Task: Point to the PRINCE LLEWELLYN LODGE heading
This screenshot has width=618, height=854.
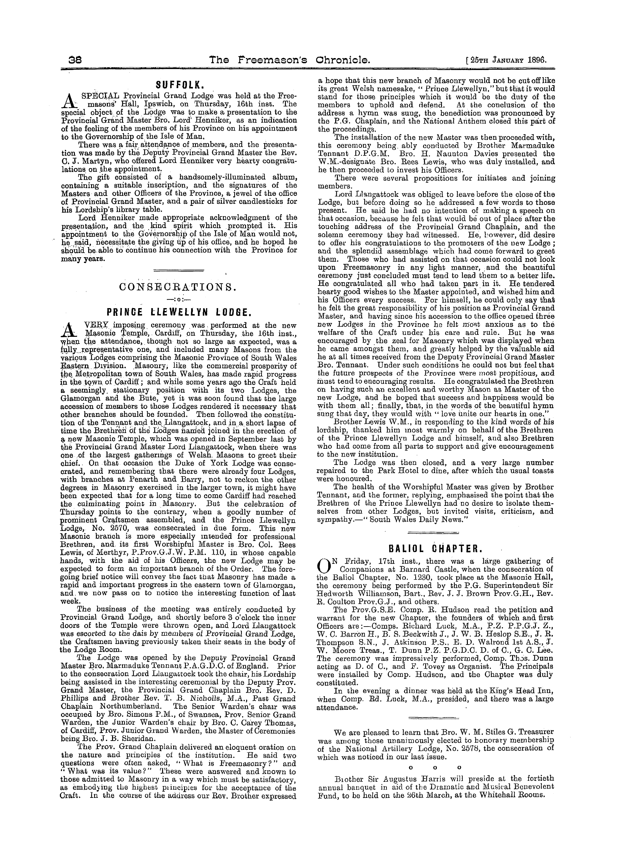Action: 178,312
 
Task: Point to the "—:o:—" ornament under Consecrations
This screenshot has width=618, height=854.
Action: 178,300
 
